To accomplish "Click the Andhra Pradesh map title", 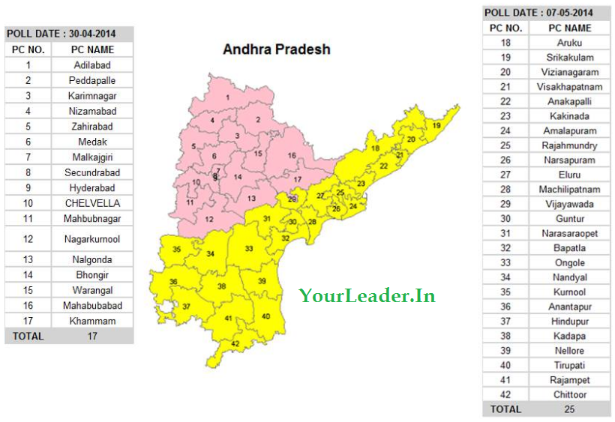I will tap(277, 49).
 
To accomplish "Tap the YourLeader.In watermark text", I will tap(367, 295).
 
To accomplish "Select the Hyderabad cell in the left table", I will tap(92, 187).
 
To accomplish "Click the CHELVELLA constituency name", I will tap(92, 203).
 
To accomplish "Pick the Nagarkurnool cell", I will tap(92, 239).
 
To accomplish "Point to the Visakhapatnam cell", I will tap(570, 87).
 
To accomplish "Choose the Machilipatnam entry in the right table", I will tap(570, 190).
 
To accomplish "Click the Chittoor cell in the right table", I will tap(570, 394).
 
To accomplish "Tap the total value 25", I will tap(570, 409).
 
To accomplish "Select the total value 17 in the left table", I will tap(92, 337).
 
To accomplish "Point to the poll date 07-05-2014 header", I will tap(538, 13).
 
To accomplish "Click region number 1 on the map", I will tap(228, 97).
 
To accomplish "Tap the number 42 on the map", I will tap(235, 343).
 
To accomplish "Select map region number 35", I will tap(177, 249).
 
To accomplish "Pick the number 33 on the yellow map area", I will tap(249, 248).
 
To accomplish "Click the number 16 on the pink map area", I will tap(292, 156).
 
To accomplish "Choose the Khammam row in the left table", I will tap(92, 321).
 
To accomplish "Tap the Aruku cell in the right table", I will tap(570, 43).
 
